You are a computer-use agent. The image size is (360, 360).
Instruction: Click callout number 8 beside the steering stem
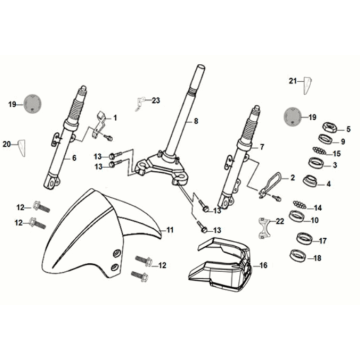coord(196,121)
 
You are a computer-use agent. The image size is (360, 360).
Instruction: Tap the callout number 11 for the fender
coord(171,230)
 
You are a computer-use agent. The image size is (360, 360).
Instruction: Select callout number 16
coord(264,266)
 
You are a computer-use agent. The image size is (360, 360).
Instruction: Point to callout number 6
coord(73,157)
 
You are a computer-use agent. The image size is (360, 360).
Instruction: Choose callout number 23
coord(155,101)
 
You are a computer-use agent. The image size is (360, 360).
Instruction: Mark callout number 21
coord(293,78)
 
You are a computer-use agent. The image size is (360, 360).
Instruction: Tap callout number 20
coord(21,145)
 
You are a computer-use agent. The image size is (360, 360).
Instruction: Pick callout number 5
coord(347,130)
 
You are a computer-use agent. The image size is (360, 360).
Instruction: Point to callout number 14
coord(347,207)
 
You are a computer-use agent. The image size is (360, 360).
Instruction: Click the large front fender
coord(100,235)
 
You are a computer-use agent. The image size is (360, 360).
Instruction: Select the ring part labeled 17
coord(326,241)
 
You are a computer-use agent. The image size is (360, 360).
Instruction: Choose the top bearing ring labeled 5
coord(327,130)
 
